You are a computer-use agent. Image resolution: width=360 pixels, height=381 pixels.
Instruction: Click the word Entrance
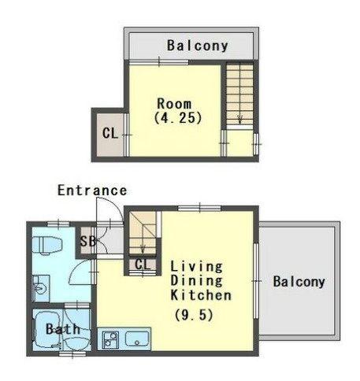coord(92,190)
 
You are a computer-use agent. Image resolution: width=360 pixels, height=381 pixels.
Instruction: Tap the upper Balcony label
coord(198,46)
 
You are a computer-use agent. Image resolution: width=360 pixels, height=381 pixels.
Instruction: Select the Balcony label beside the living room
coord(299,282)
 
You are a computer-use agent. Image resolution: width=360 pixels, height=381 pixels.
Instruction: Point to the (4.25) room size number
coord(178,118)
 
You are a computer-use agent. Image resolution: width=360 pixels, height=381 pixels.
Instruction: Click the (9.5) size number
coord(194,315)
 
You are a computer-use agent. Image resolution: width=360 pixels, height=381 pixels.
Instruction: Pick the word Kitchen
coord(201,295)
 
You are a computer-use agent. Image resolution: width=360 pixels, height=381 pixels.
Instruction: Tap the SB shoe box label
coord(88,242)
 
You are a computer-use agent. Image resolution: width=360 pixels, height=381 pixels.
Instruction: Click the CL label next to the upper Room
coord(110,133)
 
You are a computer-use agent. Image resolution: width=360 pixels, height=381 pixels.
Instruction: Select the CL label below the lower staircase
coord(143,264)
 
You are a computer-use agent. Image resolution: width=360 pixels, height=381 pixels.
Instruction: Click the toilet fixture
coord(47,245)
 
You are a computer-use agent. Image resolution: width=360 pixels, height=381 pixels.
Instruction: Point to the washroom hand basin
coord(41,288)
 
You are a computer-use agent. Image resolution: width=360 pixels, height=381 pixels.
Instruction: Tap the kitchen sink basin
coord(137,338)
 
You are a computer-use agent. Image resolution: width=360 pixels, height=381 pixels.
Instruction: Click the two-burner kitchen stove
coord(110,339)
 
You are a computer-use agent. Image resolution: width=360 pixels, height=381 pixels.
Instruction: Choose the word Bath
coord(63,329)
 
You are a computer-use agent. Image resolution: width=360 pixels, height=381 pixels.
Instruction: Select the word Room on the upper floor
coord(174,104)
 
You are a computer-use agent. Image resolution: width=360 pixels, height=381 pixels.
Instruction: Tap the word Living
coord(196,266)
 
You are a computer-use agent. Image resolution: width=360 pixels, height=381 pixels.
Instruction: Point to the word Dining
coord(196,280)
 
